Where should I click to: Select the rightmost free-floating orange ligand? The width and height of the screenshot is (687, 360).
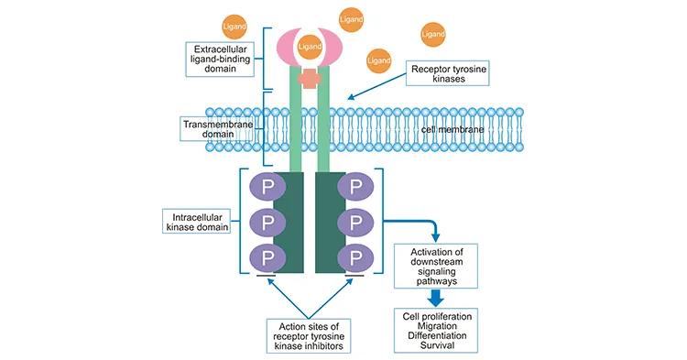pos(433,34)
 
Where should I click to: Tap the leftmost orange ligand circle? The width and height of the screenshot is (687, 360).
pos(234,25)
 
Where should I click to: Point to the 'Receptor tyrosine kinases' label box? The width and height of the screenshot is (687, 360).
pos(440,72)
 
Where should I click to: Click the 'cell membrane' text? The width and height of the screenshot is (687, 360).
pos(453,129)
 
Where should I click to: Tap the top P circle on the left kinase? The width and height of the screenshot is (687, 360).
pos(268,187)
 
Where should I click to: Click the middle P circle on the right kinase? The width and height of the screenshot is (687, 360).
pos(355,222)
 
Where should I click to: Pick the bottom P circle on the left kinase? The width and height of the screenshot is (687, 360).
pos(268,256)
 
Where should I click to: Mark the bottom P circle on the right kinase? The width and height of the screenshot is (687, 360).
pos(355,256)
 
